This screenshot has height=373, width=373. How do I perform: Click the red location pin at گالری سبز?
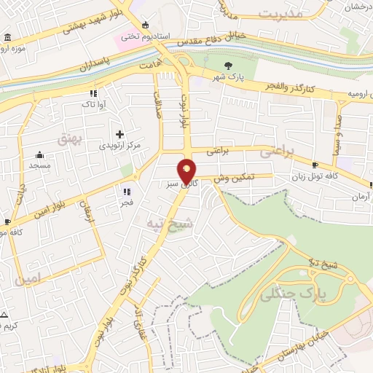point(188,170)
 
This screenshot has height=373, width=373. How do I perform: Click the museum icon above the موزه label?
point(7,38)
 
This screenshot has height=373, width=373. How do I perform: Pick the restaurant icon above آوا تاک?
point(93,93)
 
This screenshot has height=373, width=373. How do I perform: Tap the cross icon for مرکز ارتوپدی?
point(120,134)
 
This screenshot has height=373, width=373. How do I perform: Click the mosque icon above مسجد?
point(39,154)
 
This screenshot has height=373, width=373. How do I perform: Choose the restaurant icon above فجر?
point(127,192)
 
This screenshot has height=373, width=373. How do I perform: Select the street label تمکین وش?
point(235,177)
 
